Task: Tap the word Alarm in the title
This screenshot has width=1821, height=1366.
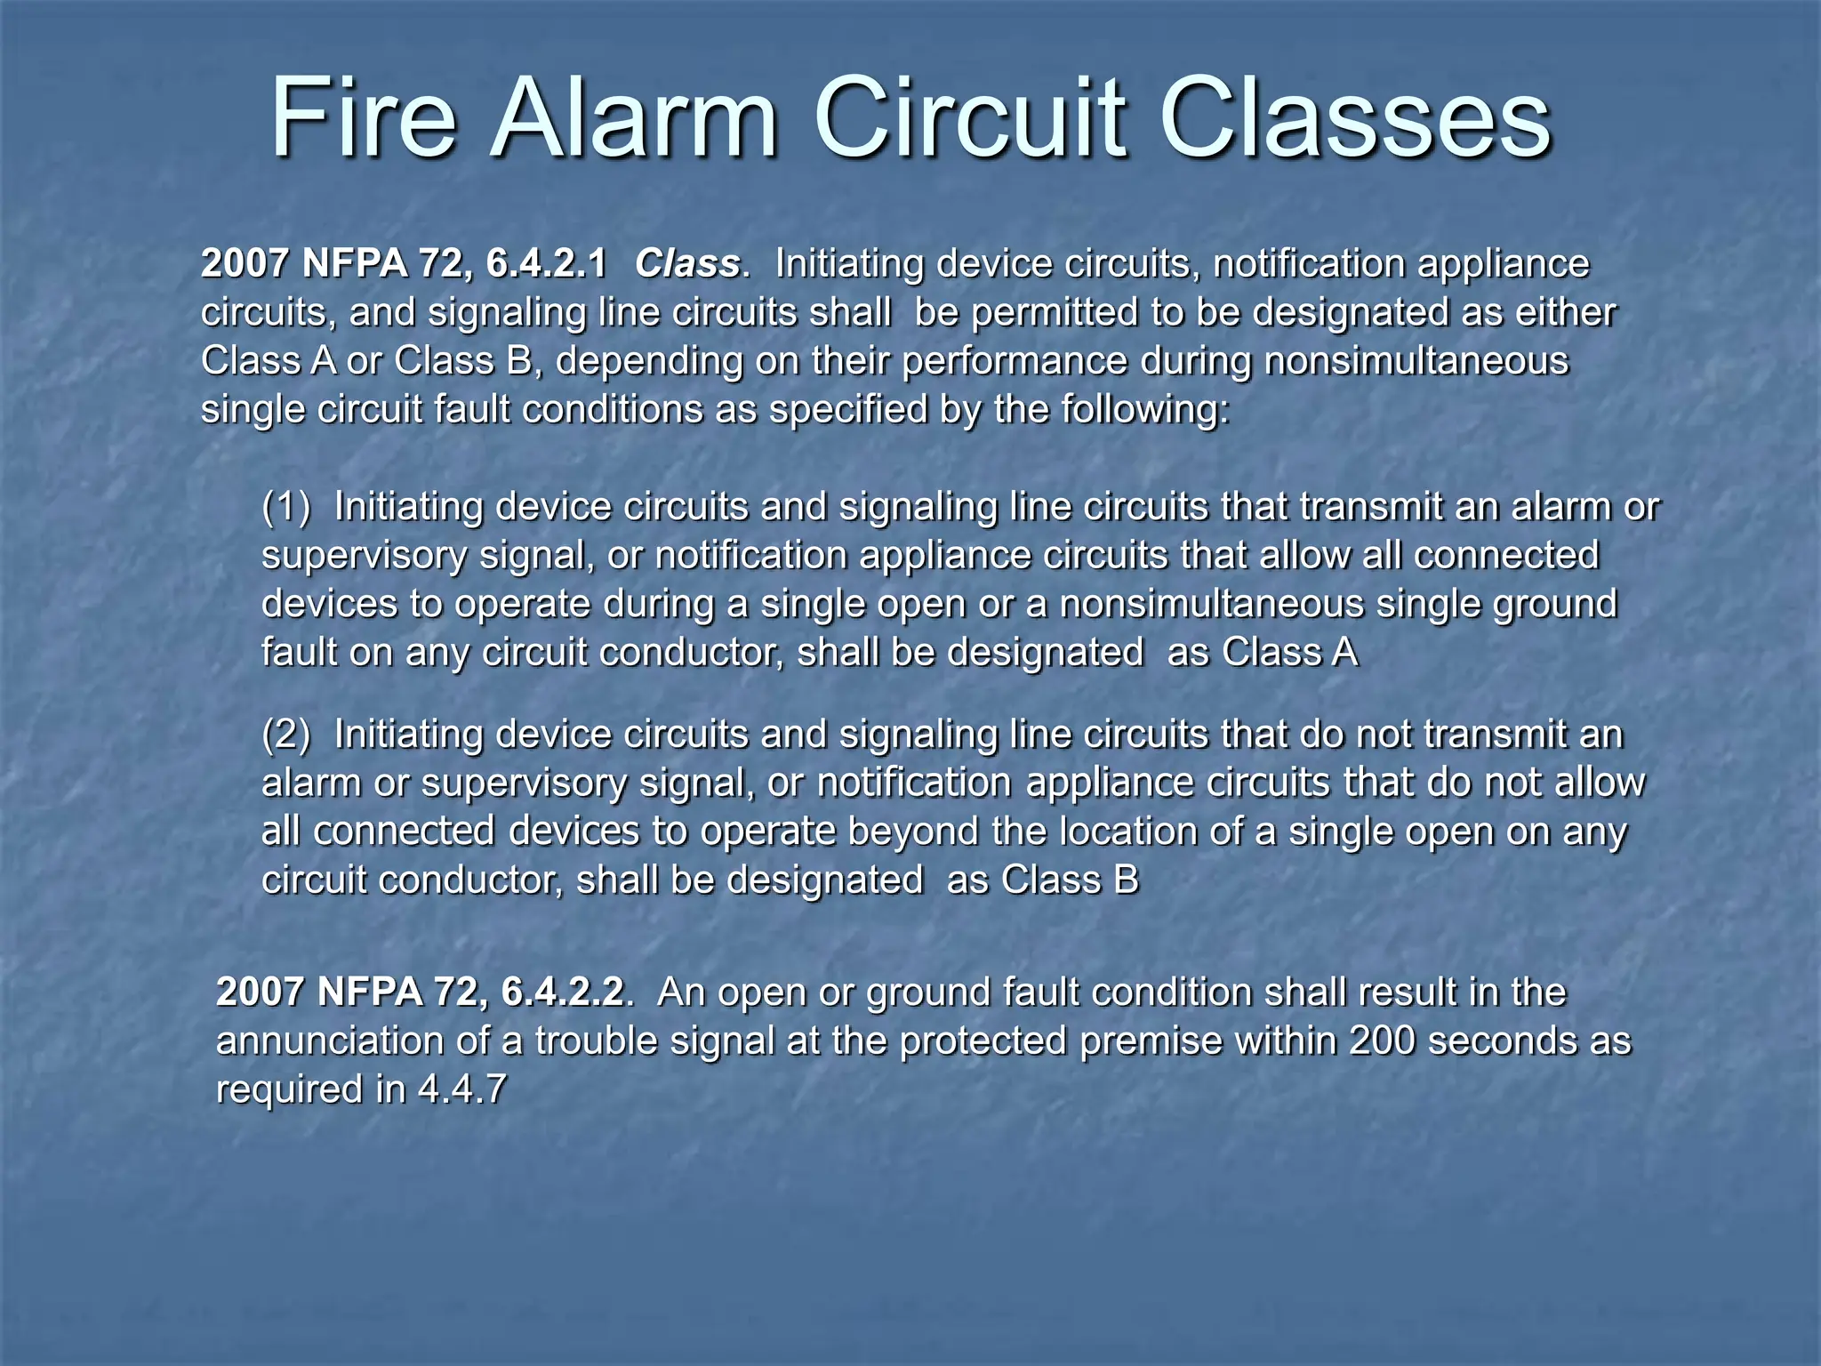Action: (x=635, y=118)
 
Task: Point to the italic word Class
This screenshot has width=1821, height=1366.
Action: (x=686, y=264)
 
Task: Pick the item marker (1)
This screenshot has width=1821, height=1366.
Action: (x=286, y=507)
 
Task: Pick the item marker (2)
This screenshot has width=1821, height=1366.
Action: (x=286, y=735)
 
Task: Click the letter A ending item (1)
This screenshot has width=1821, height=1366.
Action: (x=1345, y=652)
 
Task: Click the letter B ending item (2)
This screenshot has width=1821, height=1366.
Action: (x=1126, y=880)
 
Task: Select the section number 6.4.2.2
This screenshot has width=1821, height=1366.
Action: (x=563, y=992)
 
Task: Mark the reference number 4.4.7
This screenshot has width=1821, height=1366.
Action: (x=462, y=1089)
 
